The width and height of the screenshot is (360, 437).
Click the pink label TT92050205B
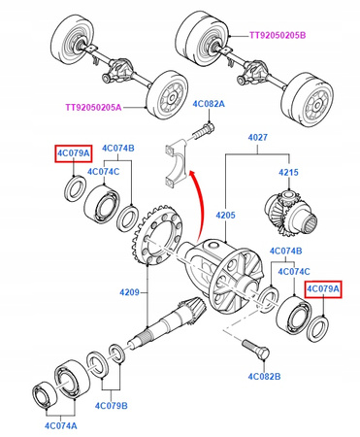coord(278,35)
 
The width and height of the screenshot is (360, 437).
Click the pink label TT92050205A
coord(94,107)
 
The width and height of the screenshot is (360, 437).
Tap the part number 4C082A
coord(209,104)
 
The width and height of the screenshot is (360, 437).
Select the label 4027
coord(258,137)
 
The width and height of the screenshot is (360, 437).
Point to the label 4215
coord(288,172)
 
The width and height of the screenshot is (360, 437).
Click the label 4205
coord(225,215)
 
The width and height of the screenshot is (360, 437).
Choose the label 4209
coord(129,292)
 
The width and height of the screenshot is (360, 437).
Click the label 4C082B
coord(264,377)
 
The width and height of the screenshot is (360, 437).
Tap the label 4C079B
coord(112,406)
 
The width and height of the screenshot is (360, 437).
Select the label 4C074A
coord(61,425)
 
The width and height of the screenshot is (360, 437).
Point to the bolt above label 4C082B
coord(256,349)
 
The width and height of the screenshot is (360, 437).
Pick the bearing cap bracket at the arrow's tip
coord(177,163)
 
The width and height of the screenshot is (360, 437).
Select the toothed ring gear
coord(156,234)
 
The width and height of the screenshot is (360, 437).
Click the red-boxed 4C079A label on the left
coord(74,153)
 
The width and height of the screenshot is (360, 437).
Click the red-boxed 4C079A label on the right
coord(323,289)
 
